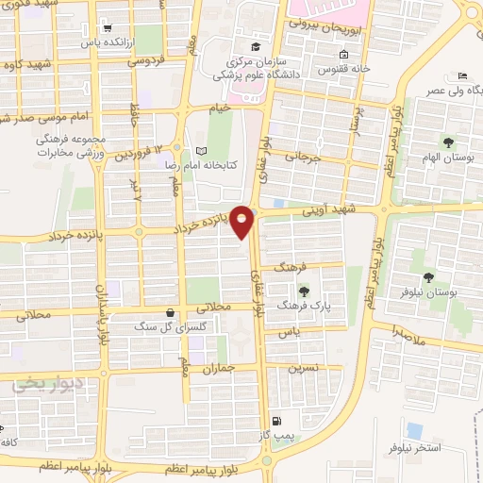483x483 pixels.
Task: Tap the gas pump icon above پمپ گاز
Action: [275, 421]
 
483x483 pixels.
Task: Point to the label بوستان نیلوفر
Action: [453, 293]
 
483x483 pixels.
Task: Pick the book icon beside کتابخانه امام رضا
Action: [199, 151]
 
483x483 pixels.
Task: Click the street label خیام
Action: [219, 109]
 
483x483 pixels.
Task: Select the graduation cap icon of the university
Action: [254, 46]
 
